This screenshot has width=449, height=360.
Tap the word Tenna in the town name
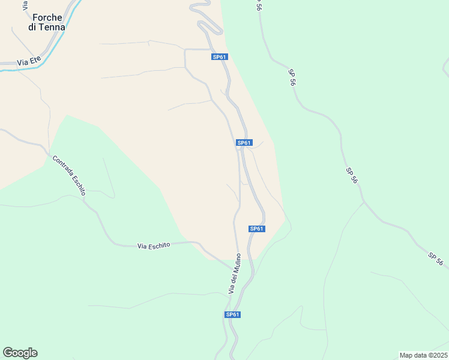(52, 27)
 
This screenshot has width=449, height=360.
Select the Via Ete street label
(29, 61)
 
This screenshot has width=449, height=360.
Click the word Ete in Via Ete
(36, 61)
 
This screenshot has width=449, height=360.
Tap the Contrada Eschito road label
(69, 176)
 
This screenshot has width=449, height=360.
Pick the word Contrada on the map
(62, 167)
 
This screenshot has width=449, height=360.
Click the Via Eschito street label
(154, 245)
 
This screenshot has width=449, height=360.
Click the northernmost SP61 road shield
(220, 57)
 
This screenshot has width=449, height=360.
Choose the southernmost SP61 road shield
(233, 314)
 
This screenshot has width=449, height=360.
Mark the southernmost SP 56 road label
(436, 259)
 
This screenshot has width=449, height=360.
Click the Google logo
(20, 353)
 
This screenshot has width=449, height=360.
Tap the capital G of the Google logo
(8, 352)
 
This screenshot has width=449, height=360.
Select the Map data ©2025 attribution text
(423, 355)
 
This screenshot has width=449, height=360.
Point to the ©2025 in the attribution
(436, 355)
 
